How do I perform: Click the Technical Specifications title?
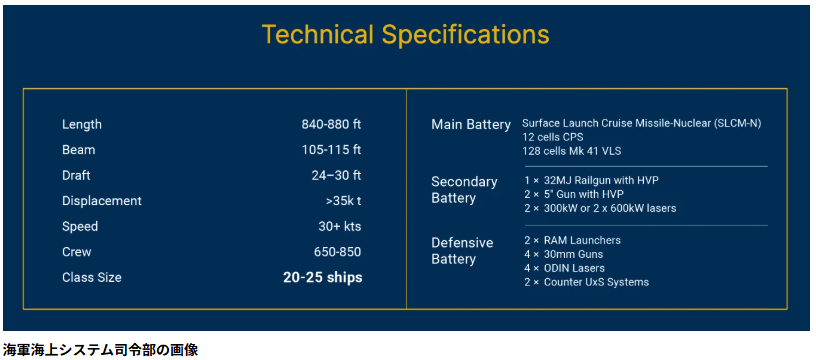point(405,34)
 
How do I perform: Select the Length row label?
point(82,124)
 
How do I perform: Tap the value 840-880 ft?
point(331,124)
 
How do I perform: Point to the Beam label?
point(79,150)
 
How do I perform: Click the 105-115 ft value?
point(331,150)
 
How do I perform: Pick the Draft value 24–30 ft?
point(336,175)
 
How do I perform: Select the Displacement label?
point(102,201)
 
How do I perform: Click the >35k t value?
point(343,201)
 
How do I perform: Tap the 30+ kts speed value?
point(340,226)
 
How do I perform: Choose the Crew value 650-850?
point(338,252)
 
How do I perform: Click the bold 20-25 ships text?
point(322,277)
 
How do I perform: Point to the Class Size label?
point(92,277)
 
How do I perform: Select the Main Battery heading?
point(471,124)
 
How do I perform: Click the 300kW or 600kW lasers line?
point(600,208)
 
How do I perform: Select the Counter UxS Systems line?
point(586,282)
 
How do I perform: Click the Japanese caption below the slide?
point(100,350)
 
